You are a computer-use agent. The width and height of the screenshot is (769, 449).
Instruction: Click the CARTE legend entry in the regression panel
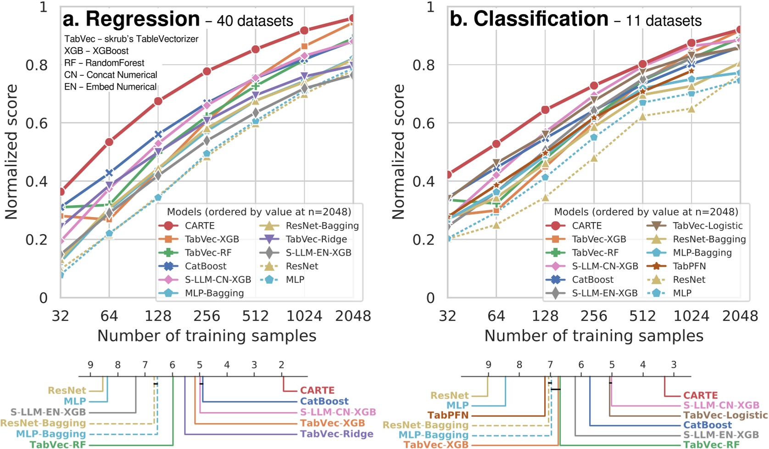coord(199,226)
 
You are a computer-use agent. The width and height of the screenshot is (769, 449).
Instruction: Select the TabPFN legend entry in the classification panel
coord(689,266)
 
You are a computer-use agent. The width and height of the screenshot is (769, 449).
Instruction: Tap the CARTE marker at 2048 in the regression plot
coord(352,19)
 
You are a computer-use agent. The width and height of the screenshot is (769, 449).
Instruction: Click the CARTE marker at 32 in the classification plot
coord(448,174)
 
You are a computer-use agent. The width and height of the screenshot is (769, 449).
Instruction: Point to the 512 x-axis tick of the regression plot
coord(255,316)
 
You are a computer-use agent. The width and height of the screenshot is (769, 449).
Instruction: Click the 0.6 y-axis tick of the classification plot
coord(424,123)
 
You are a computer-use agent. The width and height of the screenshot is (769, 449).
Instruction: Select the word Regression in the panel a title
coord(143,19)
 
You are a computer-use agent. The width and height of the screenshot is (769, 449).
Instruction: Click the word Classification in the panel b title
coord(541,19)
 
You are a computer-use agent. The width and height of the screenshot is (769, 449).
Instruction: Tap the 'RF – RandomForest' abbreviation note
coord(104,63)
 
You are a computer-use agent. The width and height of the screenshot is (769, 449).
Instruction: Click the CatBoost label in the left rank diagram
coord(324,401)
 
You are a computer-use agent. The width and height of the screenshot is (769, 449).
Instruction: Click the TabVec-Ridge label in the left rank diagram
coord(336,434)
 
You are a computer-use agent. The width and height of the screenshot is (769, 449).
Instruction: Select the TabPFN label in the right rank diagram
coord(448,415)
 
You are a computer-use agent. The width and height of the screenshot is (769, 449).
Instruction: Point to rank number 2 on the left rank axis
coord(281,365)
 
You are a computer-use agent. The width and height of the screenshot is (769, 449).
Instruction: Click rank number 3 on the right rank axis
coord(673,365)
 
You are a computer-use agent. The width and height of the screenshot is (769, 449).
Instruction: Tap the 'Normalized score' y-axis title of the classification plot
coord(398,152)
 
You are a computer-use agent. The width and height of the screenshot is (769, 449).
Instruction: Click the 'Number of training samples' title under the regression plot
coord(206,336)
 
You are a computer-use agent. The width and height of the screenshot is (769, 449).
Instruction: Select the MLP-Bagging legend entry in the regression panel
coord(214,293)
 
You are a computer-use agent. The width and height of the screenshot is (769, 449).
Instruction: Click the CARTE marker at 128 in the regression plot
coord(158,101)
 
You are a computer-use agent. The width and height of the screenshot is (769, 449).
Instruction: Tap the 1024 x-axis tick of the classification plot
coord(691,316)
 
